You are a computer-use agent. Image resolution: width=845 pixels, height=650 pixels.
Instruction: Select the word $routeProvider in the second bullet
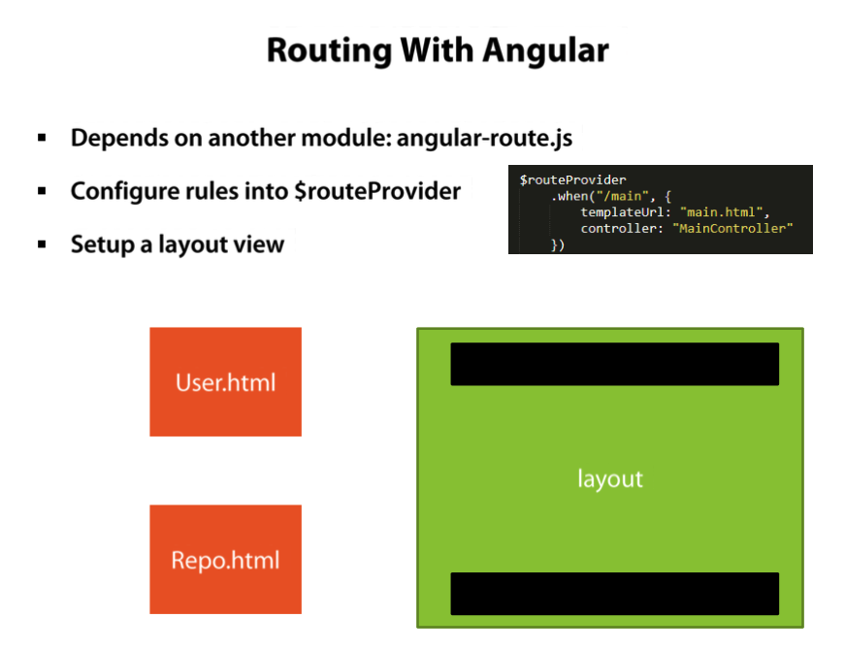(377, 191)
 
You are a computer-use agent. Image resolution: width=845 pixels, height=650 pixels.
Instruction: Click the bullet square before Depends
(43, 138)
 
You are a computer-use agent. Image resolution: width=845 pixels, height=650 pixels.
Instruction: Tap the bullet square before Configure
(43, 191)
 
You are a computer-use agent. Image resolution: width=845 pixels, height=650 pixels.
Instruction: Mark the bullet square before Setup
(43, 244)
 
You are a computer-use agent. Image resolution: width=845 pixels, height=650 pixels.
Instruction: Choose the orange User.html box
(225, 381)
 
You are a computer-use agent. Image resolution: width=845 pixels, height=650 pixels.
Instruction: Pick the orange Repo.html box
(225, 560)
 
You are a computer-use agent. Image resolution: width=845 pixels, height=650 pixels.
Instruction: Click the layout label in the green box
(610, 479)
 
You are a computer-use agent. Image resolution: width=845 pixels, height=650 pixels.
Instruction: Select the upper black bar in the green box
(614, 364)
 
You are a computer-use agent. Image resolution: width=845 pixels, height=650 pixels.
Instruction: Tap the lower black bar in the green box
(614, 594)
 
